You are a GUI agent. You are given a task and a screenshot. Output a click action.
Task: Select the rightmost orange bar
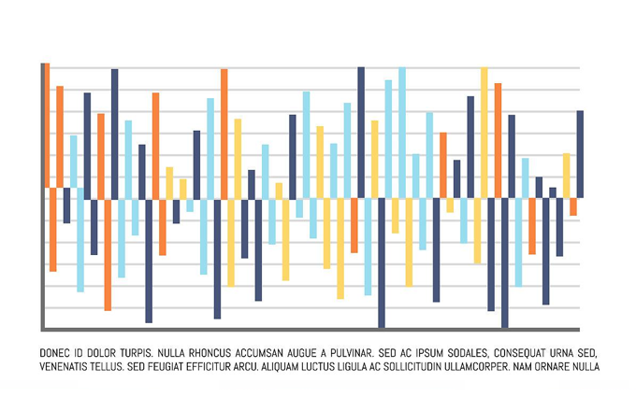573,206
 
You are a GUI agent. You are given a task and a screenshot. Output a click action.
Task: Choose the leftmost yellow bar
169,182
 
